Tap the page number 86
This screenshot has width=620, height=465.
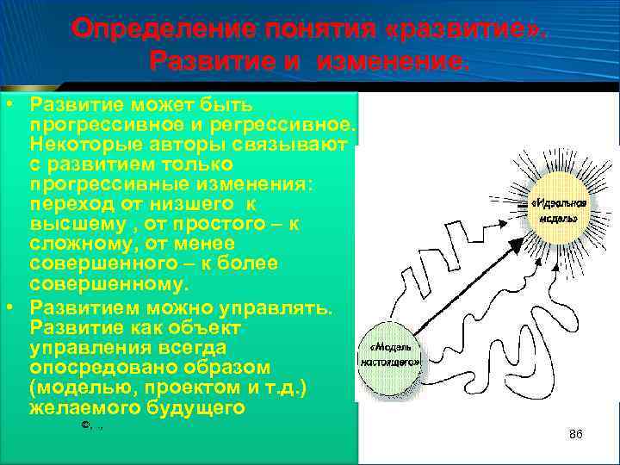(576, 435)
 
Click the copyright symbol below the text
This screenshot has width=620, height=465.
(85, 425)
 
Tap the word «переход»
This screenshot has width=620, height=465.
(65, 203)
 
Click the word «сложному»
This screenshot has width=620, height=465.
(78, 243)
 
